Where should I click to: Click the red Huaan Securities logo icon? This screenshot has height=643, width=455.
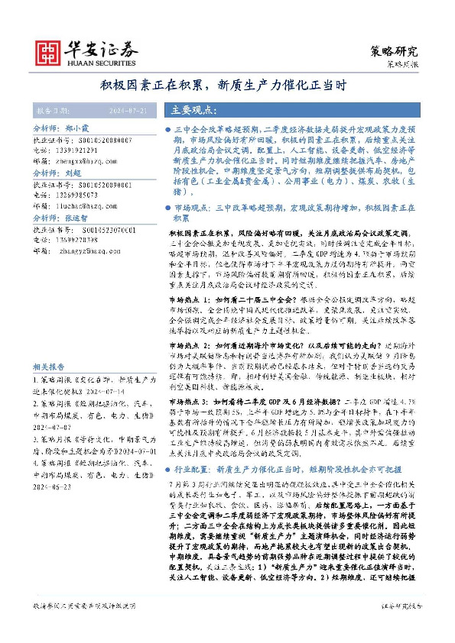pyautogui.click(x=47, y=51)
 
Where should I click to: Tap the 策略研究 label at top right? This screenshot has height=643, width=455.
pyautogui.click(x=395, y=52)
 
